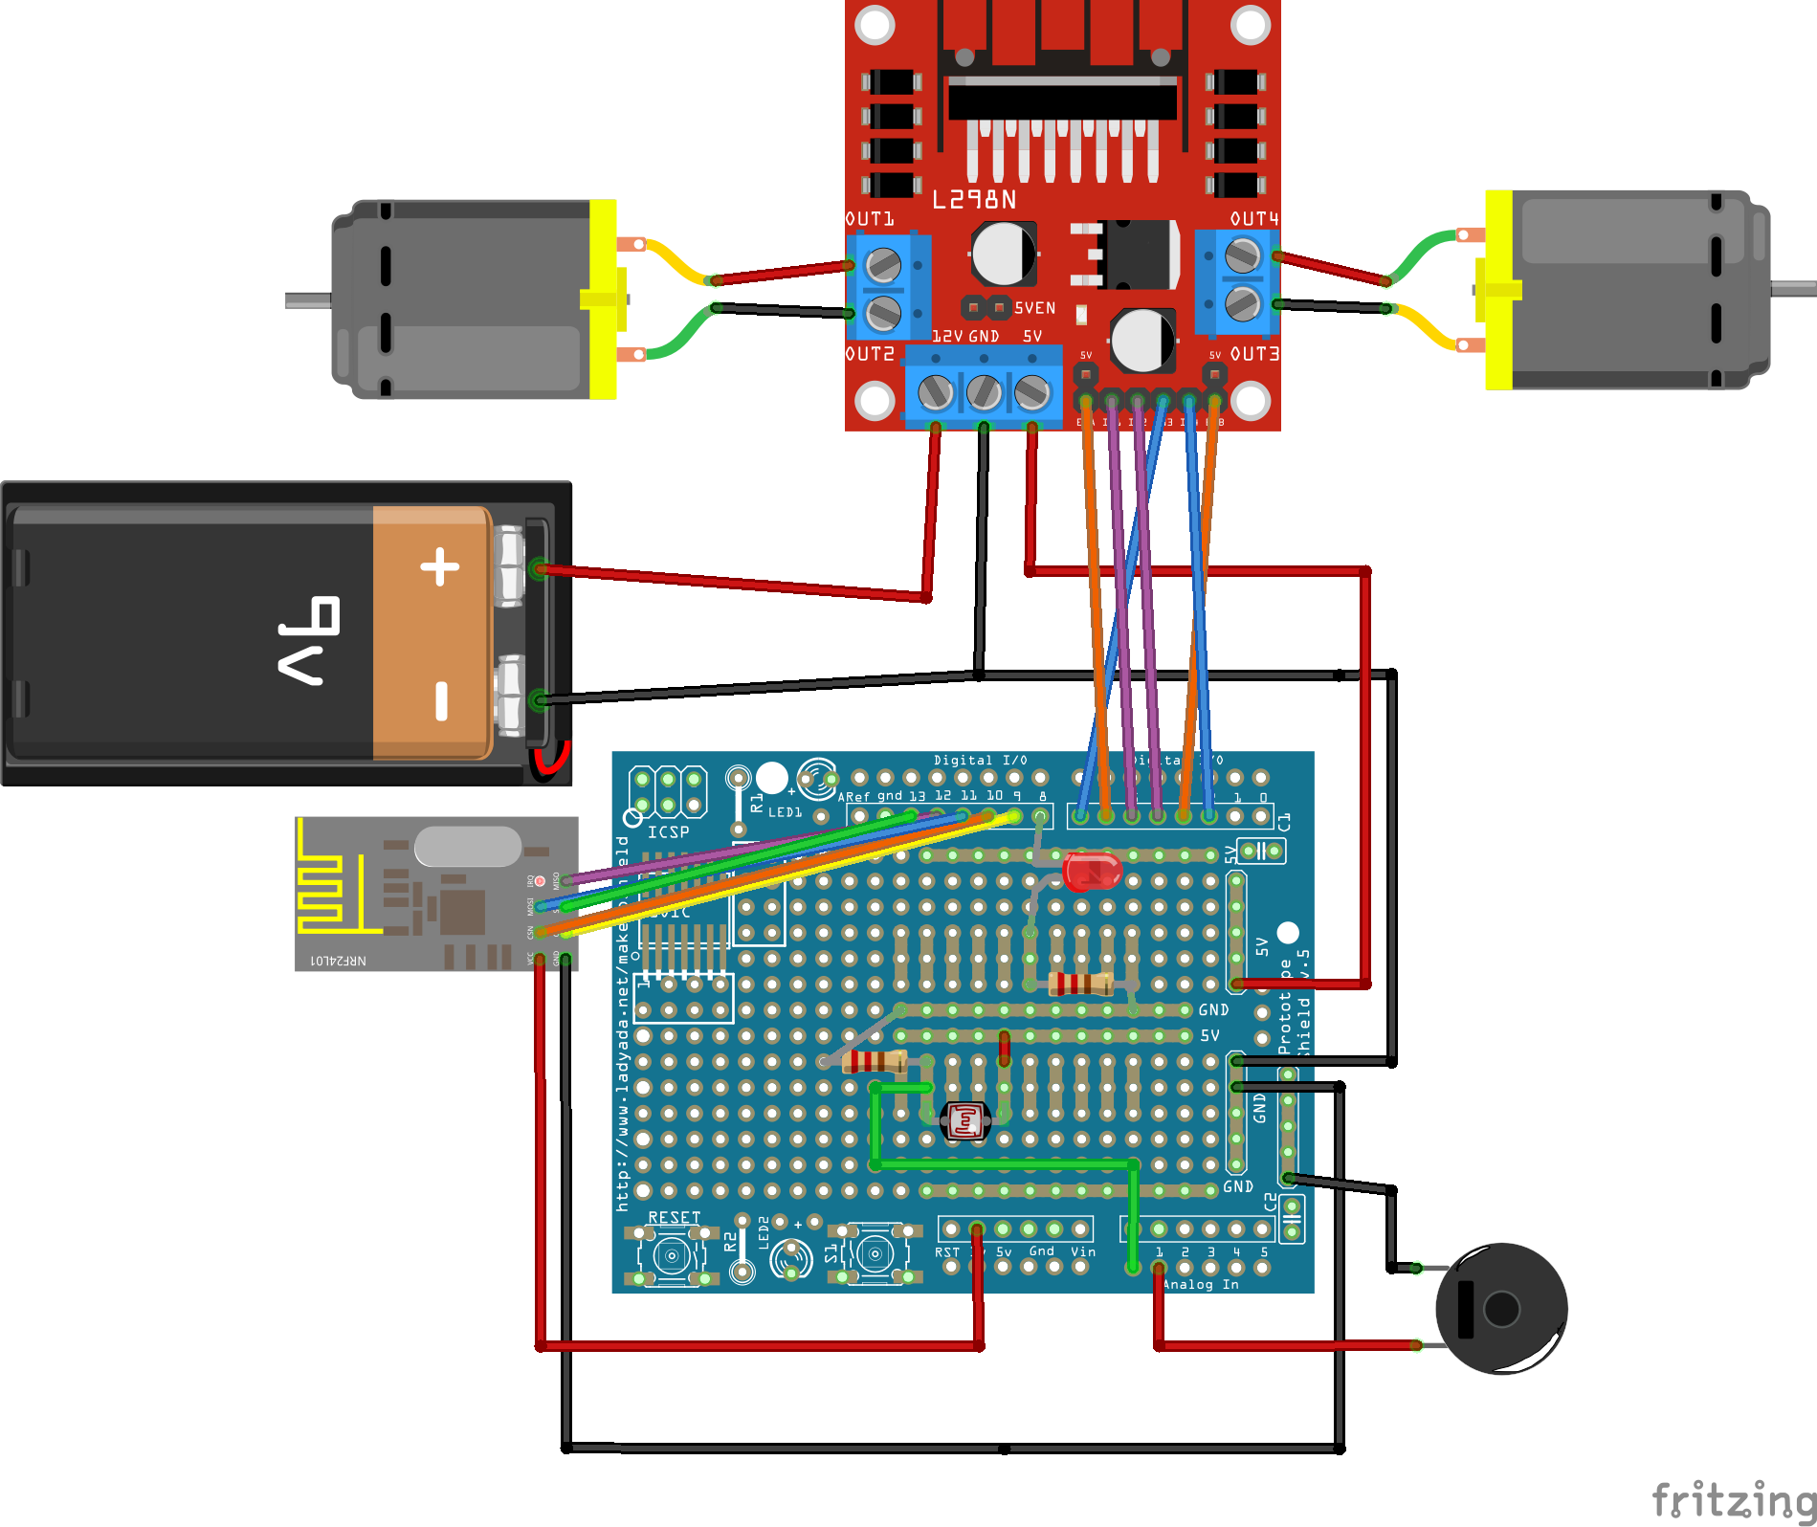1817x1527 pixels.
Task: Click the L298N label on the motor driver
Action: [x=974, y=200]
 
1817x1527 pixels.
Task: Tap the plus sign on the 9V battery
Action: [x=440, y=567]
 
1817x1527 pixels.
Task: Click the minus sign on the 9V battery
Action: [x=441, y=699]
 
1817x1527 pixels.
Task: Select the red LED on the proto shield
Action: [x=1091, y=872]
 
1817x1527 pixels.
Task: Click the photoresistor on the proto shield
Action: [x=964, y=1120]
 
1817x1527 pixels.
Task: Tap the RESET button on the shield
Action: [x=672, y=1254]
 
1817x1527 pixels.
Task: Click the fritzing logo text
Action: [x=1733, y=1499]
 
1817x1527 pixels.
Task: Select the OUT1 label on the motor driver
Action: [x=870, y=219]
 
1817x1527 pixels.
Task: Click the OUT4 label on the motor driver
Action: [x=1253, y=219]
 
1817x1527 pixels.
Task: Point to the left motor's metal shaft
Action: [x=308, y=300]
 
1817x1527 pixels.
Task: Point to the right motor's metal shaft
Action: [x=1793, y=288]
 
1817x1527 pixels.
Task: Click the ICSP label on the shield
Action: [x=668, y=832]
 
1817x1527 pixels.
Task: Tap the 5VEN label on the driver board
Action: [x=1034, y=308]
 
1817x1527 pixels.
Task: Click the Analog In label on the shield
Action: [x=1201, y=1284]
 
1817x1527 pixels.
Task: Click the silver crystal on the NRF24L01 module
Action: [x=468, y=847]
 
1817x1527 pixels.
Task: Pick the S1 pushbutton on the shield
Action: [x=874, y=1252]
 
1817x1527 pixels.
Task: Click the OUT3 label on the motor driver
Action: [x=1253, y=354]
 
